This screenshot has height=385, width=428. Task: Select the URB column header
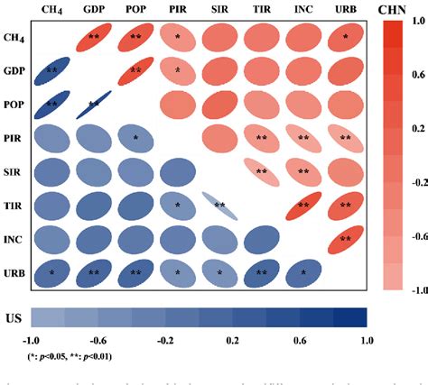click(344, 10)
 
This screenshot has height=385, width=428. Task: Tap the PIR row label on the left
click(14, 137)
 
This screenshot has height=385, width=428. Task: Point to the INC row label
click(14, 238)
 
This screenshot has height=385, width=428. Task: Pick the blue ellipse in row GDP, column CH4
click(51, 70)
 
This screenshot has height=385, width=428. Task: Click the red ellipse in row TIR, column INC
click(302, 206)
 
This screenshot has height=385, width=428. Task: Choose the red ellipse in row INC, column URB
click(344, 239)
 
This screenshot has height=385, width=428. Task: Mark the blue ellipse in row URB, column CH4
click(51, 272)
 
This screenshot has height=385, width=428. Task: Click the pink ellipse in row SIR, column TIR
click(260, 171)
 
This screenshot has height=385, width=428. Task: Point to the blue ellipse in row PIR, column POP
click(135, 138)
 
